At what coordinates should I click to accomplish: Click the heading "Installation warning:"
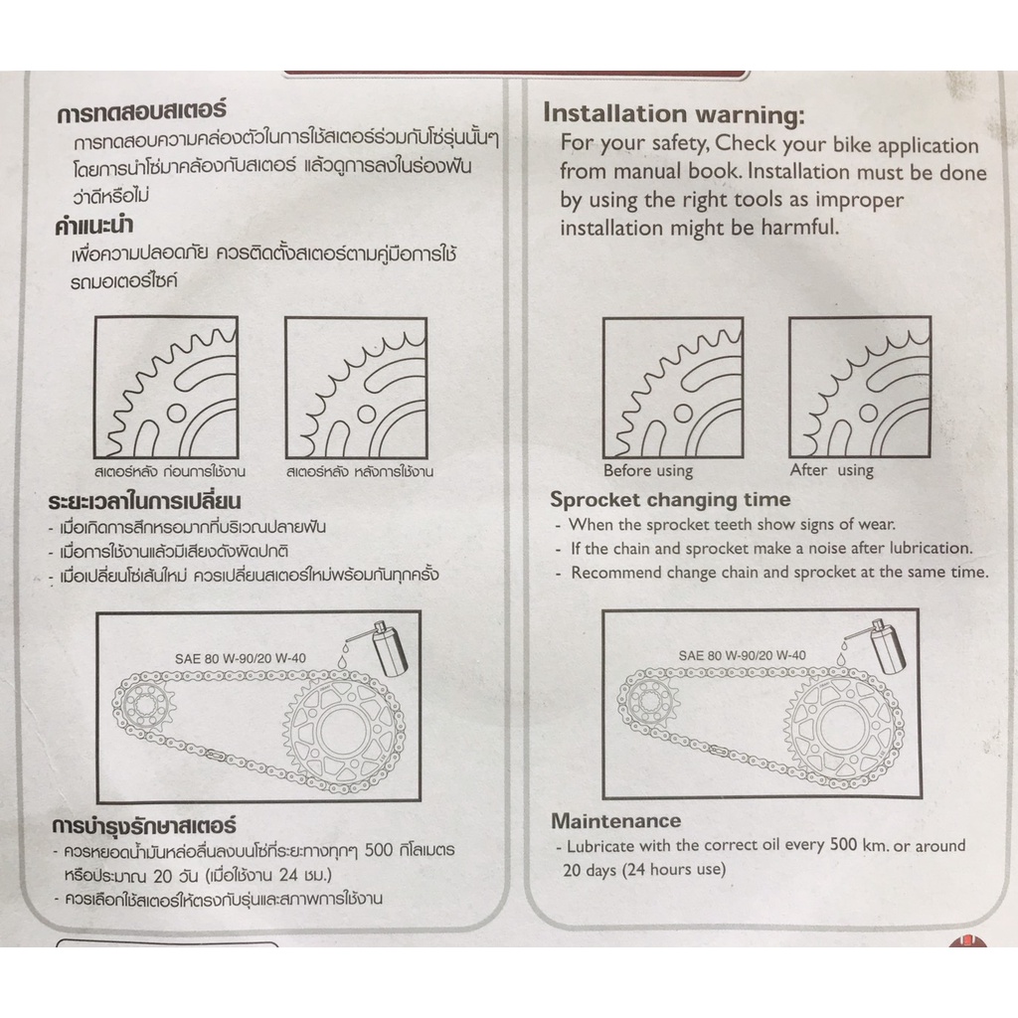pos(673,113)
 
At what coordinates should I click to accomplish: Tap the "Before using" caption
pos(648,470)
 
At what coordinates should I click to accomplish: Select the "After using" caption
pos(832,470)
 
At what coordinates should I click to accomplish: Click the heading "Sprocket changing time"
pos(670,499)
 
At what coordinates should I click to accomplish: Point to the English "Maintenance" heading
pos(615,820)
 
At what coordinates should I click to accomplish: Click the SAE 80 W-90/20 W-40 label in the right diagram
pos(742,656)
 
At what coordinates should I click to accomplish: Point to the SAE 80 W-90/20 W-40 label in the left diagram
pos(241,658)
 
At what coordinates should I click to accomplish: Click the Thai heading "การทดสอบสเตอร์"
pos(141,111)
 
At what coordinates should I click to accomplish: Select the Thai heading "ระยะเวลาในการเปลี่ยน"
pos(144,502)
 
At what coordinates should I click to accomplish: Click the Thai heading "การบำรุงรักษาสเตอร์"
pos(144,826)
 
